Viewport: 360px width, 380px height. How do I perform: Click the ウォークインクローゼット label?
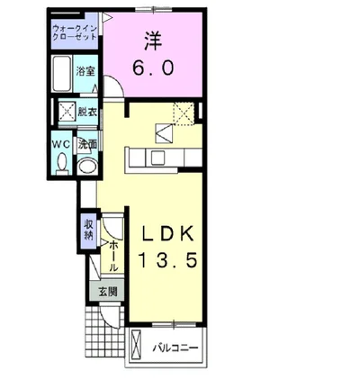click(x=75, y=32)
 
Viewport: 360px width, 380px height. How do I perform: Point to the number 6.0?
click(x=153, y=68)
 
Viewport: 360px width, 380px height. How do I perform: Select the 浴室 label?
click(x=85, y=71)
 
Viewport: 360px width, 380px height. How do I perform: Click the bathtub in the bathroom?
click(x=61, y=74)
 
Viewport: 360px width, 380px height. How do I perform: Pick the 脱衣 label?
click(x=87, y=112)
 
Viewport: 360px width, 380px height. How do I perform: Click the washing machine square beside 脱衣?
click(x=67, y=112)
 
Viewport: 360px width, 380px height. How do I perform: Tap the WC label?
click(x=61, y=144)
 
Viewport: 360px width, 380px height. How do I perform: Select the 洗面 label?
click(x=87, y=144)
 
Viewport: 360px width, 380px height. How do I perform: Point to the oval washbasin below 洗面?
click(x=87, y=167)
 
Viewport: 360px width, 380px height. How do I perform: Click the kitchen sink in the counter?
click(x=158, y=158)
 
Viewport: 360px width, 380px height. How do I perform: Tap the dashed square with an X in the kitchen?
click(x=184, y=113)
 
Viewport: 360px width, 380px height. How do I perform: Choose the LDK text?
click(x=167, y=234)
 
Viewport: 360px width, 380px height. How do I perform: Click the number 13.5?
click(x=167, y=259)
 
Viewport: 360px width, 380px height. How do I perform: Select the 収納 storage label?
click(x=88, y=231)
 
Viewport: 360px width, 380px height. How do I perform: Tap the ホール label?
click(x=112, y=256)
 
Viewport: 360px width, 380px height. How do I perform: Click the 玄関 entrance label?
click(x=108, y=292)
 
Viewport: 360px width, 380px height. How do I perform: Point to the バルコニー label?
click(x=175, y=348)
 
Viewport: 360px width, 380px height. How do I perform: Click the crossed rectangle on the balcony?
click(x=137, y=344)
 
